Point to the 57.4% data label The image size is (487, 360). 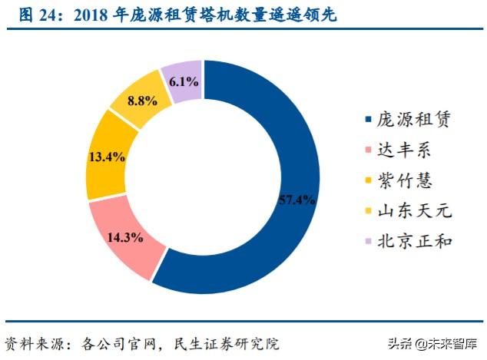[295, 200]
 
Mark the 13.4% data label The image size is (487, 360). [106, 157]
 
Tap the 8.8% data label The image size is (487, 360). [143, 101]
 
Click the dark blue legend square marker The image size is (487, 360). [368, 120]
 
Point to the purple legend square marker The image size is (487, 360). [368, 241]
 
